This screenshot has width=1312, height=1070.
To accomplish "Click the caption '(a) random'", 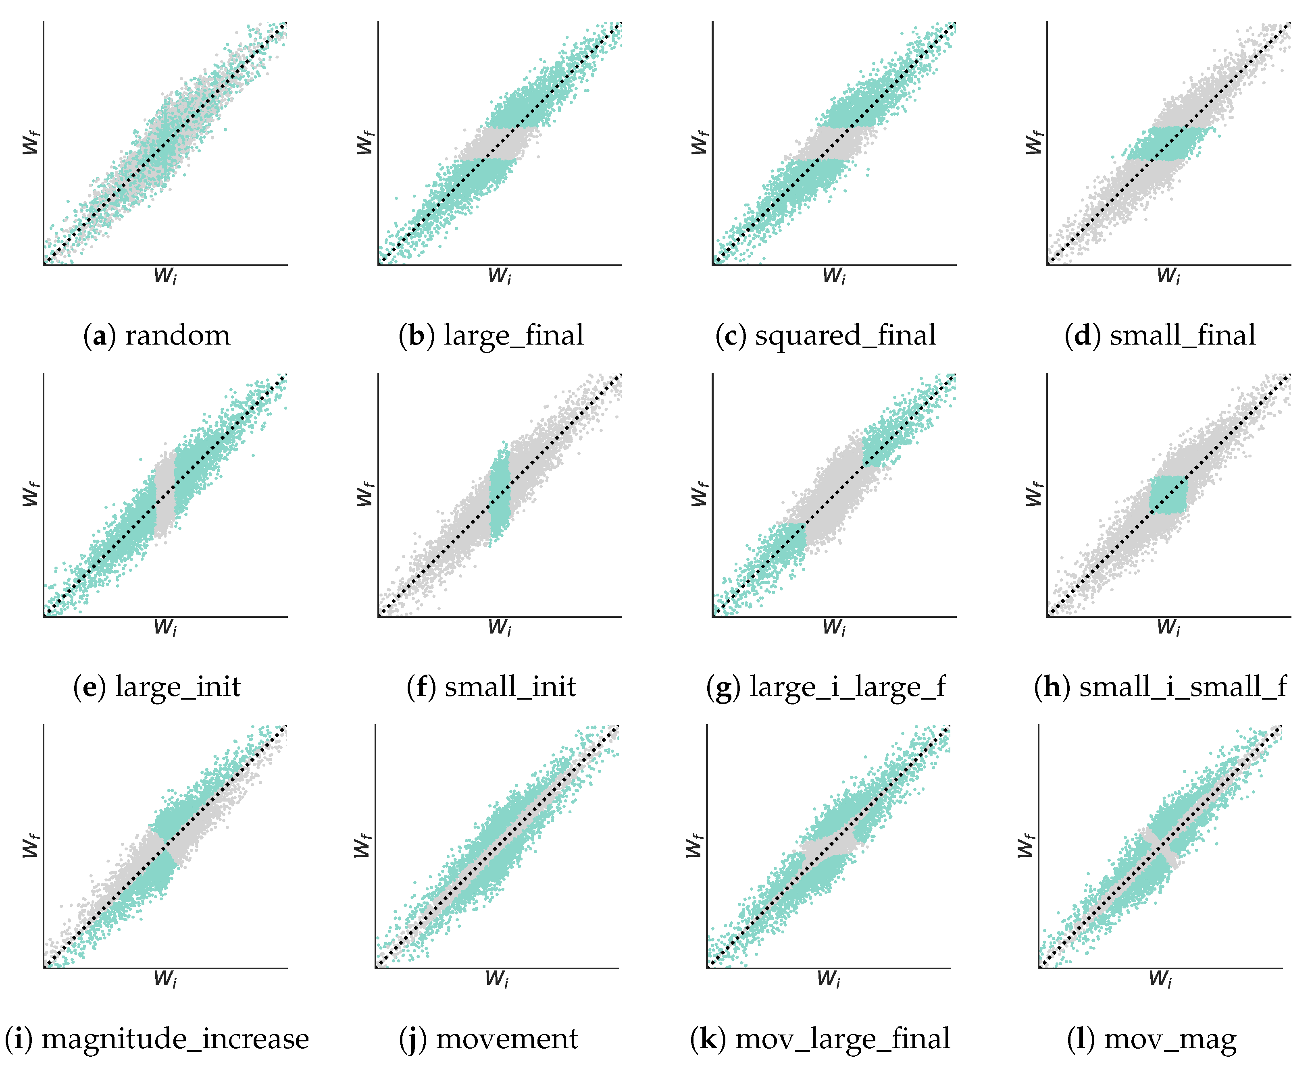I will [x=156, y=336].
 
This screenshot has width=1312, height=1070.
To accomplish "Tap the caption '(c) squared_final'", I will [x=826, y=336].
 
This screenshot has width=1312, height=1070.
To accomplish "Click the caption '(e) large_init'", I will [x=156, y=687].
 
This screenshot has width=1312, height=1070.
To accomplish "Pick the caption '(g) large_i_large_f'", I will [x=826, y=687].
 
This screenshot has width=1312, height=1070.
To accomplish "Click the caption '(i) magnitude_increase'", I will [x=156, y=1039].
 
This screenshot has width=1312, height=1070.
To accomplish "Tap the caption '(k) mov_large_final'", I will [x=820, y=1039].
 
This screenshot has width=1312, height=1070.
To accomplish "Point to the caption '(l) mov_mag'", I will [x=1152, y=1039].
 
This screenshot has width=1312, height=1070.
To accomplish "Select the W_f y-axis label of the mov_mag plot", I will [x=1025, y=846].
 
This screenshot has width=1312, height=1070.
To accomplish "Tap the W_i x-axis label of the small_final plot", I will [x=1168, y=276].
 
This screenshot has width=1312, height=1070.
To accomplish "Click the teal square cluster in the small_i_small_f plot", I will [x=1168, y=494].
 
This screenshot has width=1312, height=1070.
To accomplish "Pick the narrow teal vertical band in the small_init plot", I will [x=500, y=493].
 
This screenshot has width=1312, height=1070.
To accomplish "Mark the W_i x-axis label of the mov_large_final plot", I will [x=829, y=979].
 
